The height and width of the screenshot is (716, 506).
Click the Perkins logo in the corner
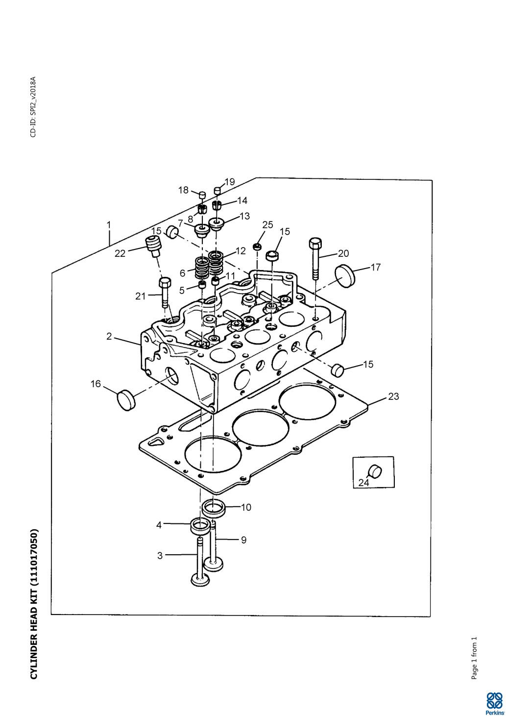(494, 702)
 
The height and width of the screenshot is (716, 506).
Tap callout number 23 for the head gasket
(393, 396)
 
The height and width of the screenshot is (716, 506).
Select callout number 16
(96, 384)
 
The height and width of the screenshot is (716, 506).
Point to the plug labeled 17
(344, 276)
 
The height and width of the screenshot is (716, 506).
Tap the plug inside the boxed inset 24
(376, 471)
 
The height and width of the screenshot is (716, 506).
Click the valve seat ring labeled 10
(214, 506)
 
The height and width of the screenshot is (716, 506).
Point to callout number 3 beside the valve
(160, 556)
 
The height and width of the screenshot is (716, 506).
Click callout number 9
(243, 540)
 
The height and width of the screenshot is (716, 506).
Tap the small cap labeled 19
(217, 191)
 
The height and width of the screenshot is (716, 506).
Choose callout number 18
(183, 190)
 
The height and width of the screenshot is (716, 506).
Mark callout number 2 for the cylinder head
(109, 336)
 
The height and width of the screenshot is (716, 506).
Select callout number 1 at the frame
(109, 225)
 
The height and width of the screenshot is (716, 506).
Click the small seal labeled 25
(257, 247)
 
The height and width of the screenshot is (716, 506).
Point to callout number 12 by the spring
(241, 251)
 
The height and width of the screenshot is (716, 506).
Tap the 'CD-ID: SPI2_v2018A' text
(33, 107)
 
